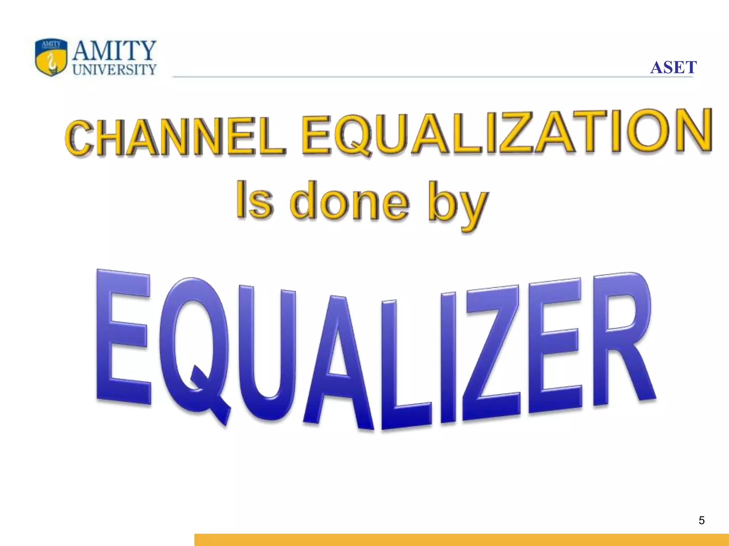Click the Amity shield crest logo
click(51, 57)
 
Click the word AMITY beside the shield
click(114, 50)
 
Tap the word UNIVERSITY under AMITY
click(114, 70)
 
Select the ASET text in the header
click(673, 68)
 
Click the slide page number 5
click(702, 520)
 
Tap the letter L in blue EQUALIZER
click(402, 370)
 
